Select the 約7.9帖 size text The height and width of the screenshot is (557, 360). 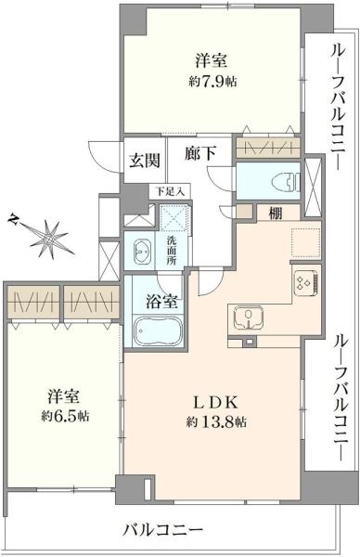point(212,81)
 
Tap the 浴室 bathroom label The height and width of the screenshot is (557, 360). point(162,301)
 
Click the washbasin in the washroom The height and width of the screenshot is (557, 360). point(144,253)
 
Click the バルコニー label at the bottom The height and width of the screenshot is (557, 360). point(163,531)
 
